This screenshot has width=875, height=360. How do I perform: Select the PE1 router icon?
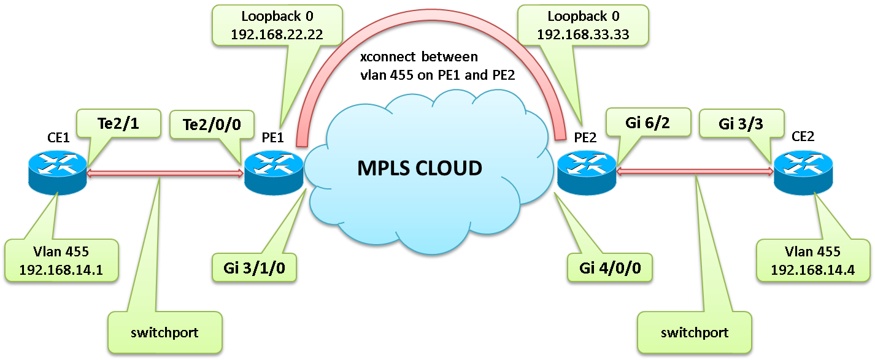click(274, 172)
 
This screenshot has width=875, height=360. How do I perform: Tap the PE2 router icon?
click(587, 172)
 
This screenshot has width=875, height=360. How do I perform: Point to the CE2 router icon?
click(803, 172)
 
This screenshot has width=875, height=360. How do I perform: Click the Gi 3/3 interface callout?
click(741, 125)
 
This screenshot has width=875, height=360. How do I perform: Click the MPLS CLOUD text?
click(420, 167)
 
